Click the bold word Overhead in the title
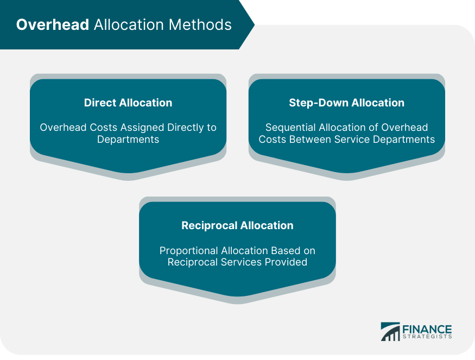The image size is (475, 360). point(53,25)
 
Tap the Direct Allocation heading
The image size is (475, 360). point(128,103)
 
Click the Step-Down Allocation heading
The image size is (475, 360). point(347,103)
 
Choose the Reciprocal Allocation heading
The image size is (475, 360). point(237,225)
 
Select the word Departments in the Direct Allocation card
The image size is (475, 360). point(128,140)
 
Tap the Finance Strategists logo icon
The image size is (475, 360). point(390,332)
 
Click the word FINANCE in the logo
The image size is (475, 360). point(427,329)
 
